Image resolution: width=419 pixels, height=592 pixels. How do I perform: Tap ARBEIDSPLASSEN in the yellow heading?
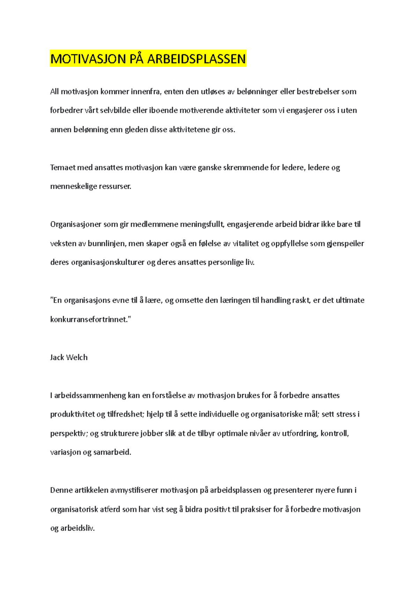coord(196,59)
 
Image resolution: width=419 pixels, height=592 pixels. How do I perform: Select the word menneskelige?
coord(73,187)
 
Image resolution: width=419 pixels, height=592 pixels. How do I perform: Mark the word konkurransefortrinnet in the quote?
coord(90,319)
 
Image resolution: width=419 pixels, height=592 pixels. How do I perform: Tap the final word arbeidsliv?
coord(77,528)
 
